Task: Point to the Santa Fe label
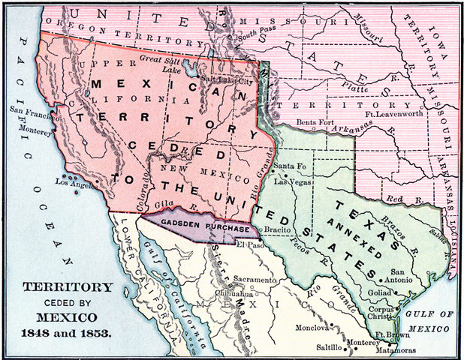(289, 166)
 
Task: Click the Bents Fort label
(315, 121)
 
